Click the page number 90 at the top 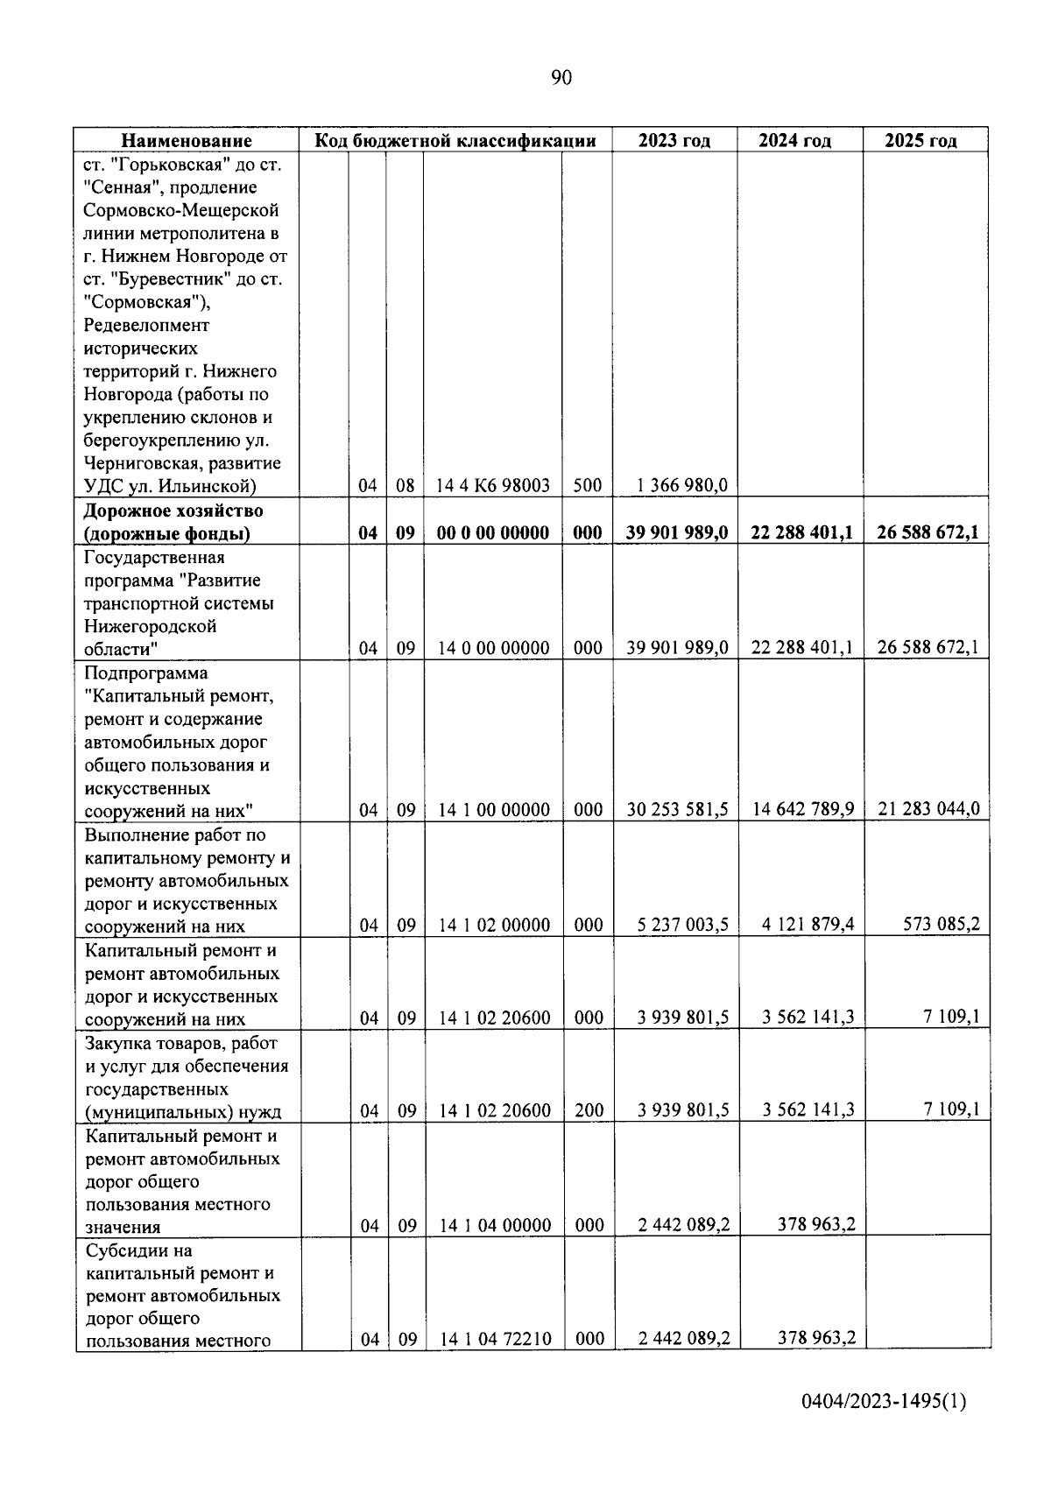[x=561, y=78]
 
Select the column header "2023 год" [x=674, y=141]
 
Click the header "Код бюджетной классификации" [x=455, y=141]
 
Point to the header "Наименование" [x=186, y=141]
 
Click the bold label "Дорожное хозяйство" [x=173, y=511]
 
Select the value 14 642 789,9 [x=803, y=810]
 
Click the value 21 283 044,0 [x=928, y=810]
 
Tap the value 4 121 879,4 [x=808, y=925]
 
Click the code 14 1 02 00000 [x=495, y=926]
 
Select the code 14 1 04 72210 [x=495, y=1339]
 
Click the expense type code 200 [x=589, y=1111]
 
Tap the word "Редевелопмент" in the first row [x=147, y=326]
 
